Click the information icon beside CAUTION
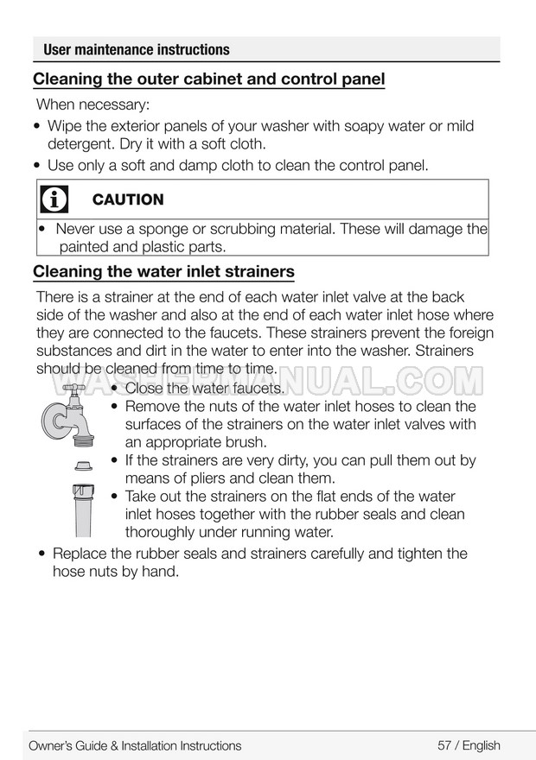54,199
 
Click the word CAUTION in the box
127,199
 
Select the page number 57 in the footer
444,745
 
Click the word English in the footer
482,745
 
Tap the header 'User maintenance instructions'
136,49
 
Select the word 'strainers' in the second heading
258,272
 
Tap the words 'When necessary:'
93,104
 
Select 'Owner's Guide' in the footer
69,745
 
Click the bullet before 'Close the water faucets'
114,389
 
